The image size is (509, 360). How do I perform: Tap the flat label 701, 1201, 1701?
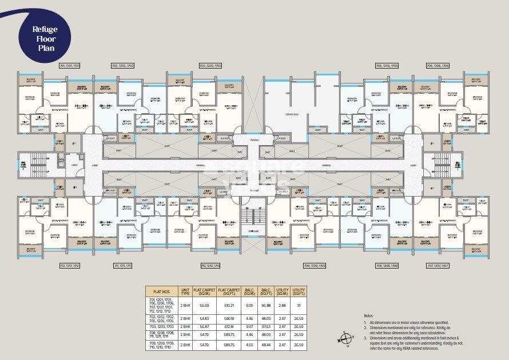[69, 66]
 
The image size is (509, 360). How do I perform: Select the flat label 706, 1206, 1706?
[438, 66]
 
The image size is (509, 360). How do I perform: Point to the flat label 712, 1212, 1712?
[70, 266]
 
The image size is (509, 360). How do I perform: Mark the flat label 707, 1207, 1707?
[438, 266]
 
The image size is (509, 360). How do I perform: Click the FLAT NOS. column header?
[162, 291]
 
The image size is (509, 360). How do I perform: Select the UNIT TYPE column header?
[185, 291]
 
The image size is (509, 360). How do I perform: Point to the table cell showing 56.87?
[204, 326]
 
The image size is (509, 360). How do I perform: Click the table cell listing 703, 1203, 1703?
[161, 326]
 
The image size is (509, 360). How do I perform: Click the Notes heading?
[368, 315]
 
